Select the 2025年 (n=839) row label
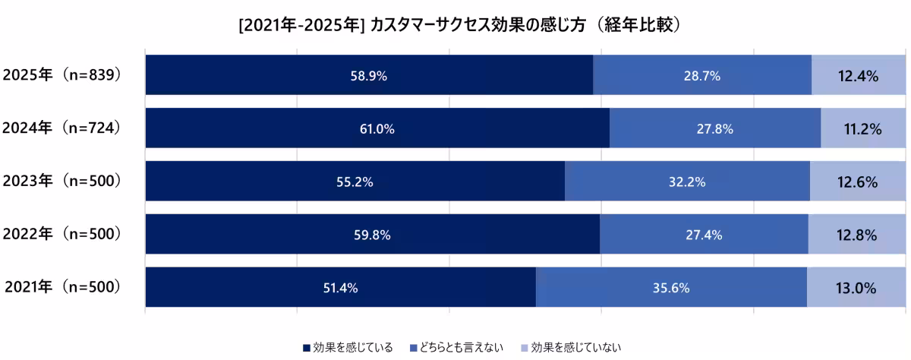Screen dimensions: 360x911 pos(62,75)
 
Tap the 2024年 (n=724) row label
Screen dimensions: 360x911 pos(62,128)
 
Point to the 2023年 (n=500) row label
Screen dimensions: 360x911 pos(62,182)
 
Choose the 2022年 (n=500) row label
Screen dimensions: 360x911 pos(62,234)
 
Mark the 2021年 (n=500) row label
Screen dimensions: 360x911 pos(62,287)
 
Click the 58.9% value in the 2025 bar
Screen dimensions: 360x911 pos(369,75)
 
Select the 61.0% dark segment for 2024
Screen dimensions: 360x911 pos(377,128)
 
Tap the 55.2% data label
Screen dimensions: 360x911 pos(355,182)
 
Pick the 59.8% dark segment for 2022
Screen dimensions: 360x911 pos(373,234)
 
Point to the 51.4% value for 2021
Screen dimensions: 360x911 pos(340,287)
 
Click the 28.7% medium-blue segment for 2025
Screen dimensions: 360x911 pos(702,75)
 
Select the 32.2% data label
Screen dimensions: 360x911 pos(688,182)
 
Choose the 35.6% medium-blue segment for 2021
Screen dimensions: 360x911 pos(671,287)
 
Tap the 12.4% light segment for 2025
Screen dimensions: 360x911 pos(859,75)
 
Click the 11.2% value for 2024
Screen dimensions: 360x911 pos(863,128)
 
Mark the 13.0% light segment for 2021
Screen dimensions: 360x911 pos(856,287)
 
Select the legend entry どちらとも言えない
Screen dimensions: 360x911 pos(455,348)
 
